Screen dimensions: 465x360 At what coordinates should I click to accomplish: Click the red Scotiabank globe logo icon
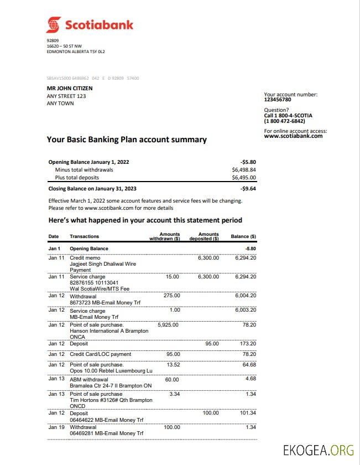(54, 25)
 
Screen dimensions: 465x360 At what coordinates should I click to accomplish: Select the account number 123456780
(278, 100)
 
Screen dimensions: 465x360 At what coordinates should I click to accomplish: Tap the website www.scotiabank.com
(293, 136)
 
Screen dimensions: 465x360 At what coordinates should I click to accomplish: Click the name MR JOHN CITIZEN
(70, 88)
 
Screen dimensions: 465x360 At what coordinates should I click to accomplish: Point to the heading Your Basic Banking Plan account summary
(127, 139)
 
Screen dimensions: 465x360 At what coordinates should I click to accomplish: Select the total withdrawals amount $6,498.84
(244, 170)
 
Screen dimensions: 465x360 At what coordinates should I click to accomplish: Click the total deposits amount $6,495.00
(244, 178)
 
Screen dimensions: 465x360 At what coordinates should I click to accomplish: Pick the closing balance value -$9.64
(248, 188)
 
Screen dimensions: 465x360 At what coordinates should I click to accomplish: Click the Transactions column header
(85, 236)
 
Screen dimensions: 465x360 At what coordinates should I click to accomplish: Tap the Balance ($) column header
(243, 236)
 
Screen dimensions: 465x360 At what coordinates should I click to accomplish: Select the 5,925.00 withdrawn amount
(168, 325)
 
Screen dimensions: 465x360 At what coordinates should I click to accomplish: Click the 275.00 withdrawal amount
(172, 296)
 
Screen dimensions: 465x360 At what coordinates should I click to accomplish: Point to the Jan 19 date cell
(56, 427)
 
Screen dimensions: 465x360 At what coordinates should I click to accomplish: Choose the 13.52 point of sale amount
(173, 365)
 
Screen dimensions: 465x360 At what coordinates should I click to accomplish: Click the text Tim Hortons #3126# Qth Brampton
(111, 400)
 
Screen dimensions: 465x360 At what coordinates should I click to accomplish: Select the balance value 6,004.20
(246, 296)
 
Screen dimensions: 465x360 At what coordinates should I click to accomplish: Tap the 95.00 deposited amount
(212, 344)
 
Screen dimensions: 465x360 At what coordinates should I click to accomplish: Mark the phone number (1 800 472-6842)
(284, 121)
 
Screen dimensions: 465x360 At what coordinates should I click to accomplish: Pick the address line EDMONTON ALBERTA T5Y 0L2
(76, 51)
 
